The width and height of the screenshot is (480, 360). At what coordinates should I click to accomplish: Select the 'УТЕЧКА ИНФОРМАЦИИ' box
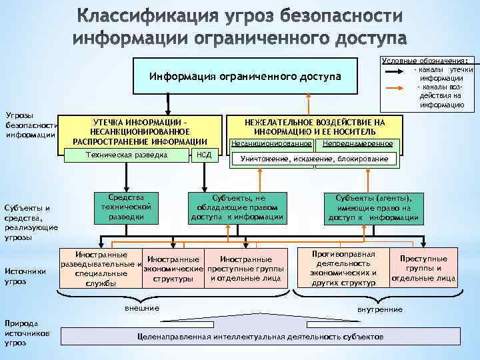click(x=140, y=131)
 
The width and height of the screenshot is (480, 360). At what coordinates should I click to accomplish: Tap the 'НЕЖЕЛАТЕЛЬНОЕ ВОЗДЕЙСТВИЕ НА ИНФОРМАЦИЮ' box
click(x=315, y=127)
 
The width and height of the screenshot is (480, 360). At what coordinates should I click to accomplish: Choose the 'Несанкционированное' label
click(x=271, y=143)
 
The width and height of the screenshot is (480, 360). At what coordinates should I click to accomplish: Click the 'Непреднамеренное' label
click(x=357, y=143)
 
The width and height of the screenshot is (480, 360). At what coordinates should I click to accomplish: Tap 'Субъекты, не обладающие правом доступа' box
click(x=238, y=207)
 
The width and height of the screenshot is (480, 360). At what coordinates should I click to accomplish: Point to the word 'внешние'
click(x=142, y=308)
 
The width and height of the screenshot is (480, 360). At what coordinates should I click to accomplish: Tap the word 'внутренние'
click(x=380, y=309)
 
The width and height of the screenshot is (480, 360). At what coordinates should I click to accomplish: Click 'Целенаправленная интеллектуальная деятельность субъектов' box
click(x=260, y=337)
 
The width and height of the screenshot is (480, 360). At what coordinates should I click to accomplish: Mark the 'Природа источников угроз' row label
click(x=25, y=331)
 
